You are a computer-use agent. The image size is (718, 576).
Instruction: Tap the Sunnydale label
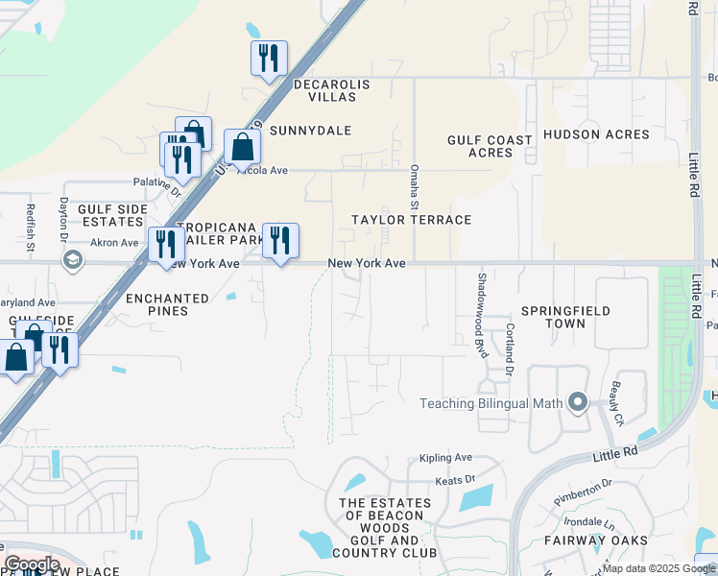(310, 130)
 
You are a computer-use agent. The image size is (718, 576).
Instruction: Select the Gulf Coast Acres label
(490, 146)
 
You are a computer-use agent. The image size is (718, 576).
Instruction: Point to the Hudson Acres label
(596, 134)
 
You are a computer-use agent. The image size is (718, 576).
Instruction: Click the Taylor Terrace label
(411, 220)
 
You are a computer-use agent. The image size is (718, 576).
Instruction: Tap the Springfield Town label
(565, 317)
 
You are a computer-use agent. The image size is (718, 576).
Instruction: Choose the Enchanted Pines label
(167, 305)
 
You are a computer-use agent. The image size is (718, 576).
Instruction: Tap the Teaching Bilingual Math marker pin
(577, 402)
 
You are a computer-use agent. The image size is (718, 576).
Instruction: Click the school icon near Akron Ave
(72, 260)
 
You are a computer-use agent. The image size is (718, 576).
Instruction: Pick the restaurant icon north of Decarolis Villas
(269, 58)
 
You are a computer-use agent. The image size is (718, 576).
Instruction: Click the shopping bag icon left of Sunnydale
(242, 147)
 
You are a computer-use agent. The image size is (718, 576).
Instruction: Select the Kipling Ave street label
(446, 458)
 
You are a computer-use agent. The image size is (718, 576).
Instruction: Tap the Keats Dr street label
(455, 478)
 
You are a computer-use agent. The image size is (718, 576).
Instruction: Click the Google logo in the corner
(32, 564)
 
